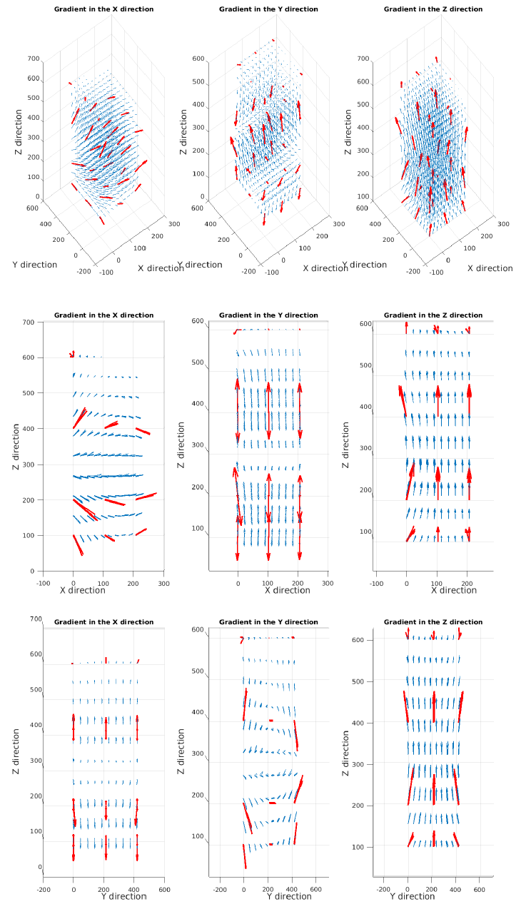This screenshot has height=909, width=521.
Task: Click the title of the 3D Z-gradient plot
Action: pyautogui.click(x=433, y=9)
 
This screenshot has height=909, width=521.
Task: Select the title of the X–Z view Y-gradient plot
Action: pyautogui.click(x=268, y=315)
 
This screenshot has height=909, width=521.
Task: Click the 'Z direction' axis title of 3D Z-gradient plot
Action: pyautogui.click(x=348, y=131)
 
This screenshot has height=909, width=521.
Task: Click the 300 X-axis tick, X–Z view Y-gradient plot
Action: pyautogui.click(x=328, y=583)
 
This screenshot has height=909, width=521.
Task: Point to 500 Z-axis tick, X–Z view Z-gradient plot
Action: pyautogui.click(x=365, y=366)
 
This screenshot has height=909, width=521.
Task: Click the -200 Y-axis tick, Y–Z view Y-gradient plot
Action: pyautogui.click(x=220, y=890)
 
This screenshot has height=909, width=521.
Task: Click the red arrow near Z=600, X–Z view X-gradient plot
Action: pyautogui.click(x=72, y=354)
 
